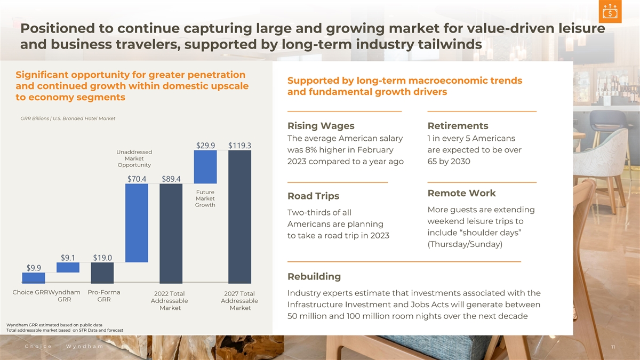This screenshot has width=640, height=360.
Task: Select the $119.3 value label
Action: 240,145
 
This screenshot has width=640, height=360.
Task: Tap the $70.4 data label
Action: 137,178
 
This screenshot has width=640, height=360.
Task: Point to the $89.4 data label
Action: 171,178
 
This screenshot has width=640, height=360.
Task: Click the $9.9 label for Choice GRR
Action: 34,267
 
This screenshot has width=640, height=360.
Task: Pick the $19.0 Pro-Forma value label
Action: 102,257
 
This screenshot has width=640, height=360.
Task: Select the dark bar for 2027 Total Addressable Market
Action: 239,216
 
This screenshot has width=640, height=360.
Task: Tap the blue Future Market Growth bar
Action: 137,223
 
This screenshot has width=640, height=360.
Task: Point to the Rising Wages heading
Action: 321,126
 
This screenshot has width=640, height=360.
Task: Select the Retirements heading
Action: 458,126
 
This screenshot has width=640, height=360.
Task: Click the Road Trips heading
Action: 314,196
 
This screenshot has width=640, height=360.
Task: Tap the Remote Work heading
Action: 461,193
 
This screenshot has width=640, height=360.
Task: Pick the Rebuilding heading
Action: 314,276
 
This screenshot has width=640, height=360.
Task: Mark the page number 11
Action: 614,347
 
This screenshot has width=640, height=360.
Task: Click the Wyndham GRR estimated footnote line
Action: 54,324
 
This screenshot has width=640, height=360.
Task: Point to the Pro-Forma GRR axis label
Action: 103,295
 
